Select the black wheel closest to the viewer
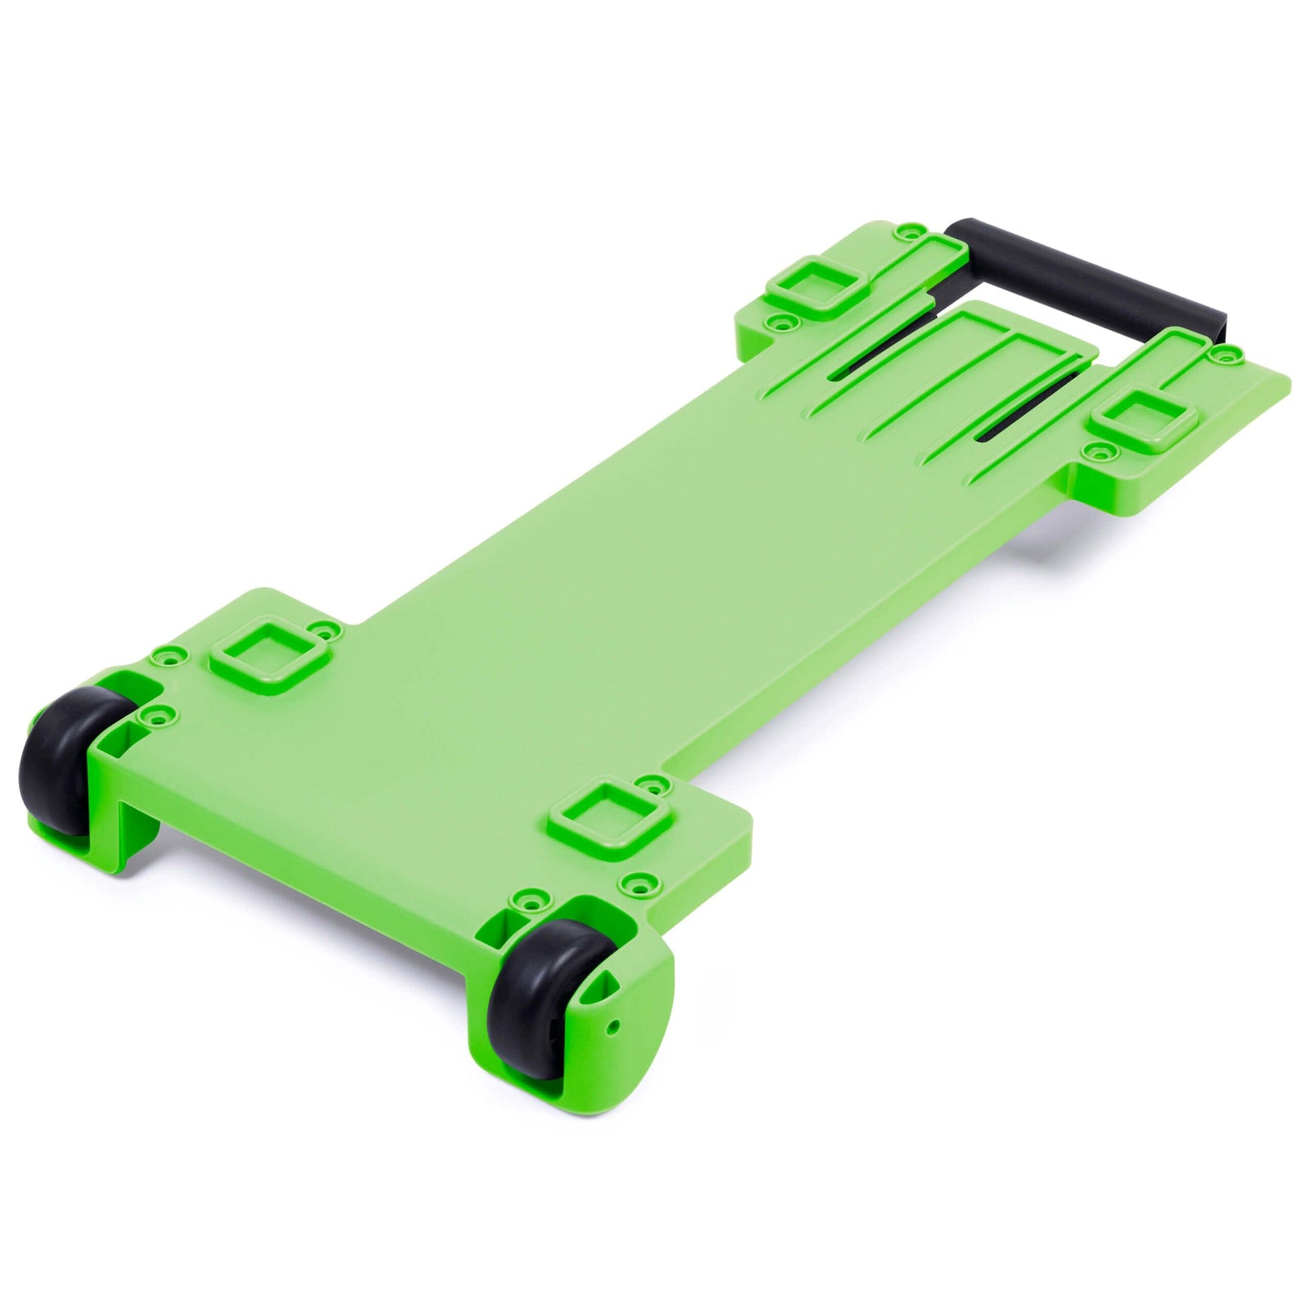pos(532,995)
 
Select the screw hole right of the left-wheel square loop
pos(329,630)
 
